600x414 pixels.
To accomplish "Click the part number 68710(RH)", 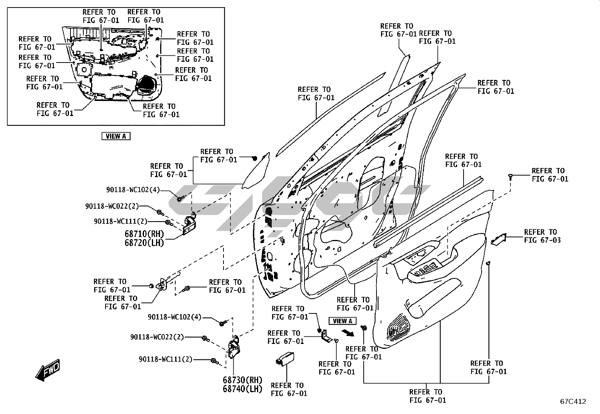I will (144, 234).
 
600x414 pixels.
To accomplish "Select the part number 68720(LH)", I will (144, 243).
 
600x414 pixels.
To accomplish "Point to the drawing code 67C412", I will (572, 402).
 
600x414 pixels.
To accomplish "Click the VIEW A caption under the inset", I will (116, 136).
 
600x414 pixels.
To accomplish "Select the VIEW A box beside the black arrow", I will (343, 321).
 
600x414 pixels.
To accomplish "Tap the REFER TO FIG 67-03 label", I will (542, 236).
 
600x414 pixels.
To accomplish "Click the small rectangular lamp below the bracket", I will (285, 358).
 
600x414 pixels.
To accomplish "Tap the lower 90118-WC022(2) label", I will (157, 337).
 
